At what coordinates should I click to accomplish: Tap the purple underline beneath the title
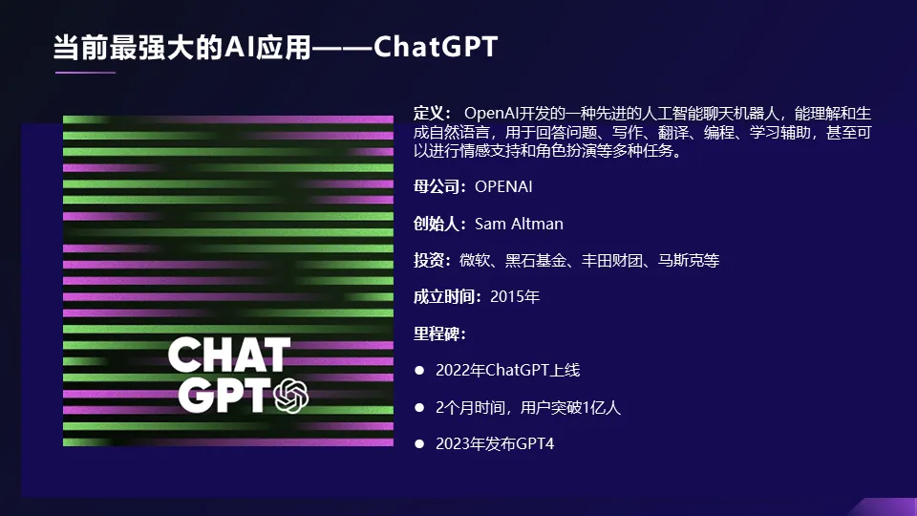[85, 72]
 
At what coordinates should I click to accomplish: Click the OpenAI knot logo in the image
[291, 395]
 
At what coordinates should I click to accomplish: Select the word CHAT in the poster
[229, 355]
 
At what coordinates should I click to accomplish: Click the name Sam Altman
[519, 224]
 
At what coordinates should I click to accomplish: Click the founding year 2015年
[515, 296]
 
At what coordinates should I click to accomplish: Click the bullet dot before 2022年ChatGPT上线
[418, 370]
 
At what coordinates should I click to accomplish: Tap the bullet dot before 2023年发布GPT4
[418, 444]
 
